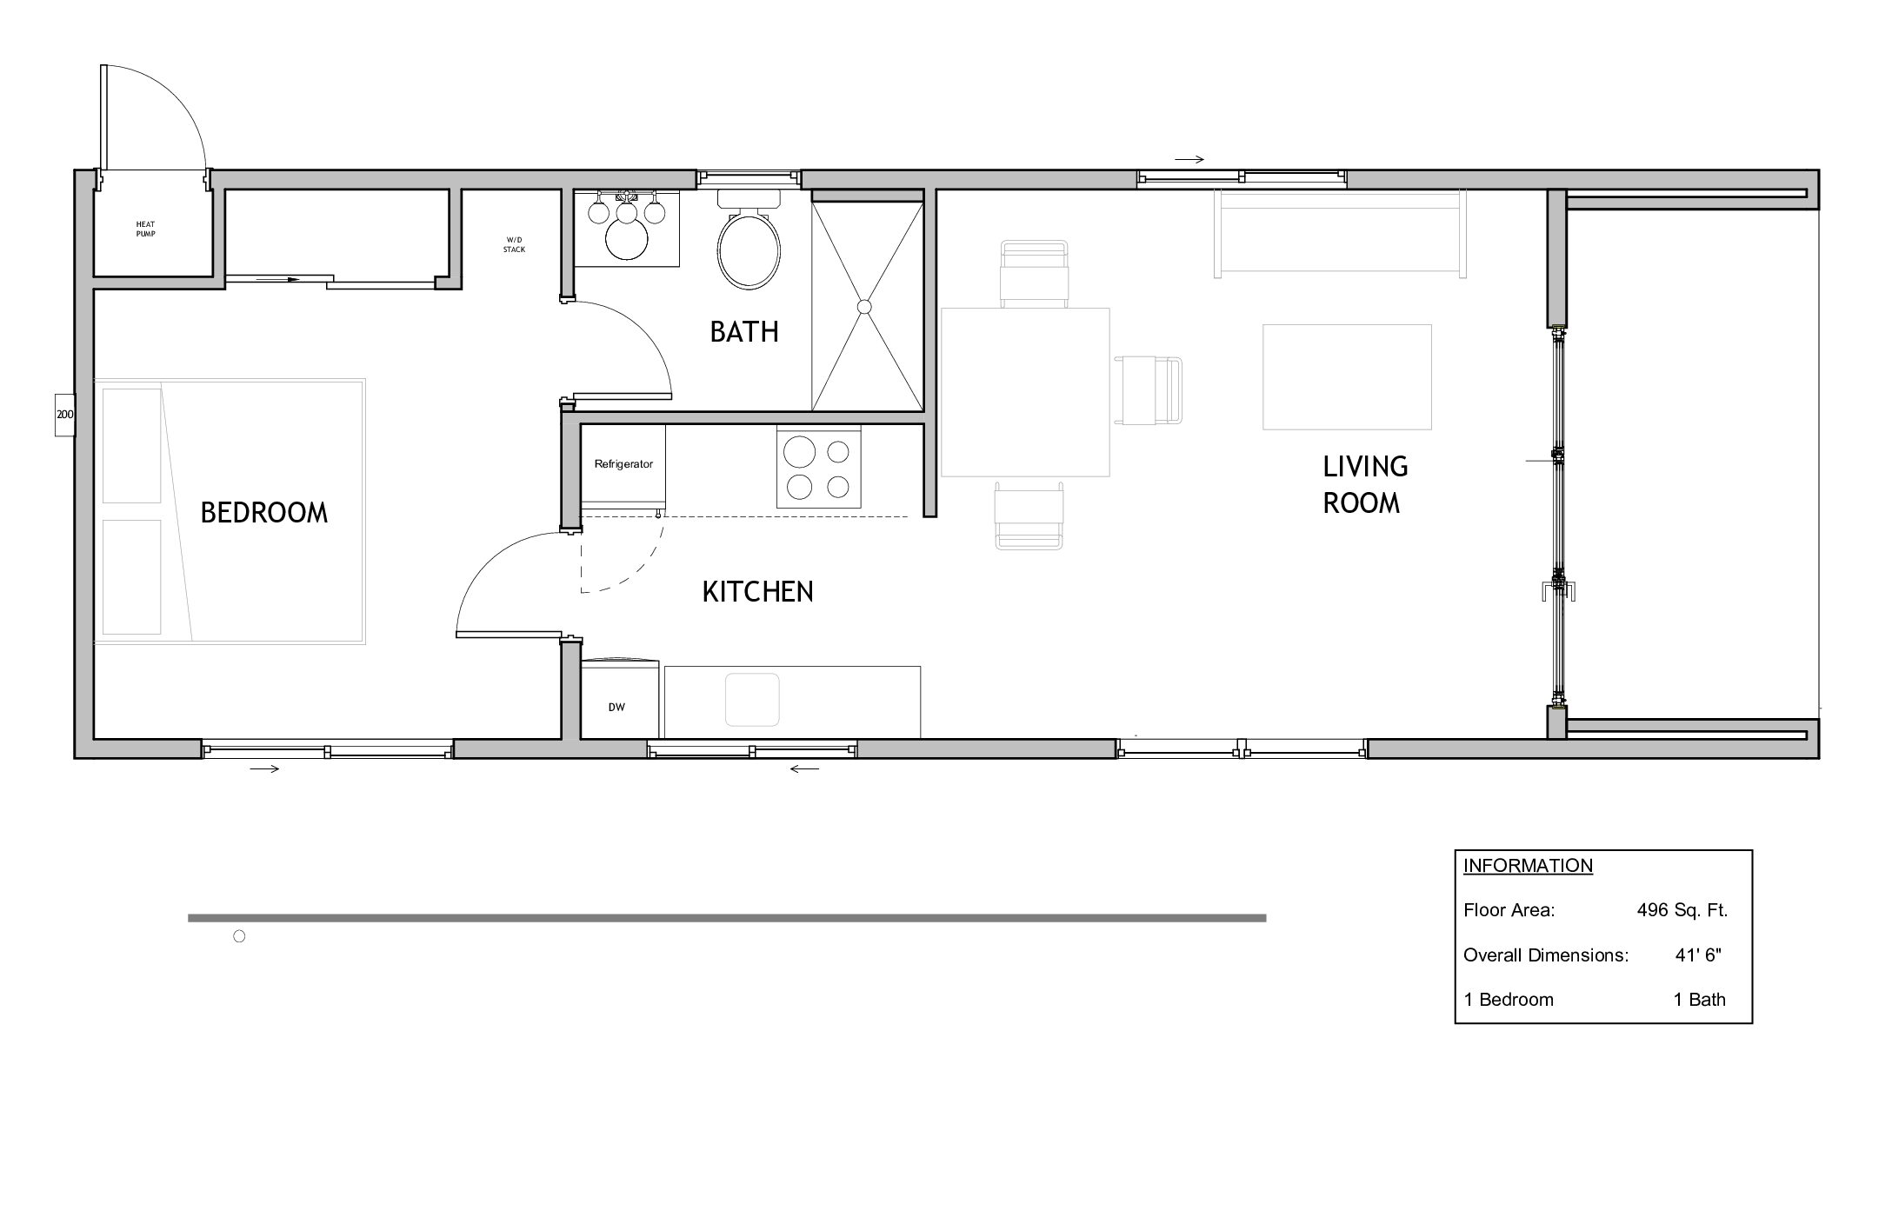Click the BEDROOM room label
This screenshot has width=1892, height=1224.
tap(264, 512)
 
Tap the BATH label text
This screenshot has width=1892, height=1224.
tap(744, 331)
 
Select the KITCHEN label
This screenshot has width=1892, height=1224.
tap(757, 591)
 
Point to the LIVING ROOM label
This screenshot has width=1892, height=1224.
tap(1364, 484)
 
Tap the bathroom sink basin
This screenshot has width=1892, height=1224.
tap(627, 240)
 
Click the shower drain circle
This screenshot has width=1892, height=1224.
tap(864, 306)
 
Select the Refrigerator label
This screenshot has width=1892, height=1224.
tap(623, 464)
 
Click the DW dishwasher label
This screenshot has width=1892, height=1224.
tap(616, 708)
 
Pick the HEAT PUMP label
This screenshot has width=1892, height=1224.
tap(145, 229)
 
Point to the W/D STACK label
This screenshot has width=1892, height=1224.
tap(514, 245)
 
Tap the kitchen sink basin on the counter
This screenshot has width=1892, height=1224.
tap(752, 699)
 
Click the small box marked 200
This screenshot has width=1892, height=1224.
tap(65, 415)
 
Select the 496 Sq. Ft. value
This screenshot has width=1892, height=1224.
tap(1682, 910)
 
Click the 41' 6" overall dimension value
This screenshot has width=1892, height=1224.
tap(1698, 955)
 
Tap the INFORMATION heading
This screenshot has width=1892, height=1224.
tap(1528, 866)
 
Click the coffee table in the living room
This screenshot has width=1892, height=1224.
tap(1347, 376)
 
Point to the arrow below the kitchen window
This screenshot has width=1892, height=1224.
tap(805, 768)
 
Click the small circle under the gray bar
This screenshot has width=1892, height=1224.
tap(240, 936)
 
